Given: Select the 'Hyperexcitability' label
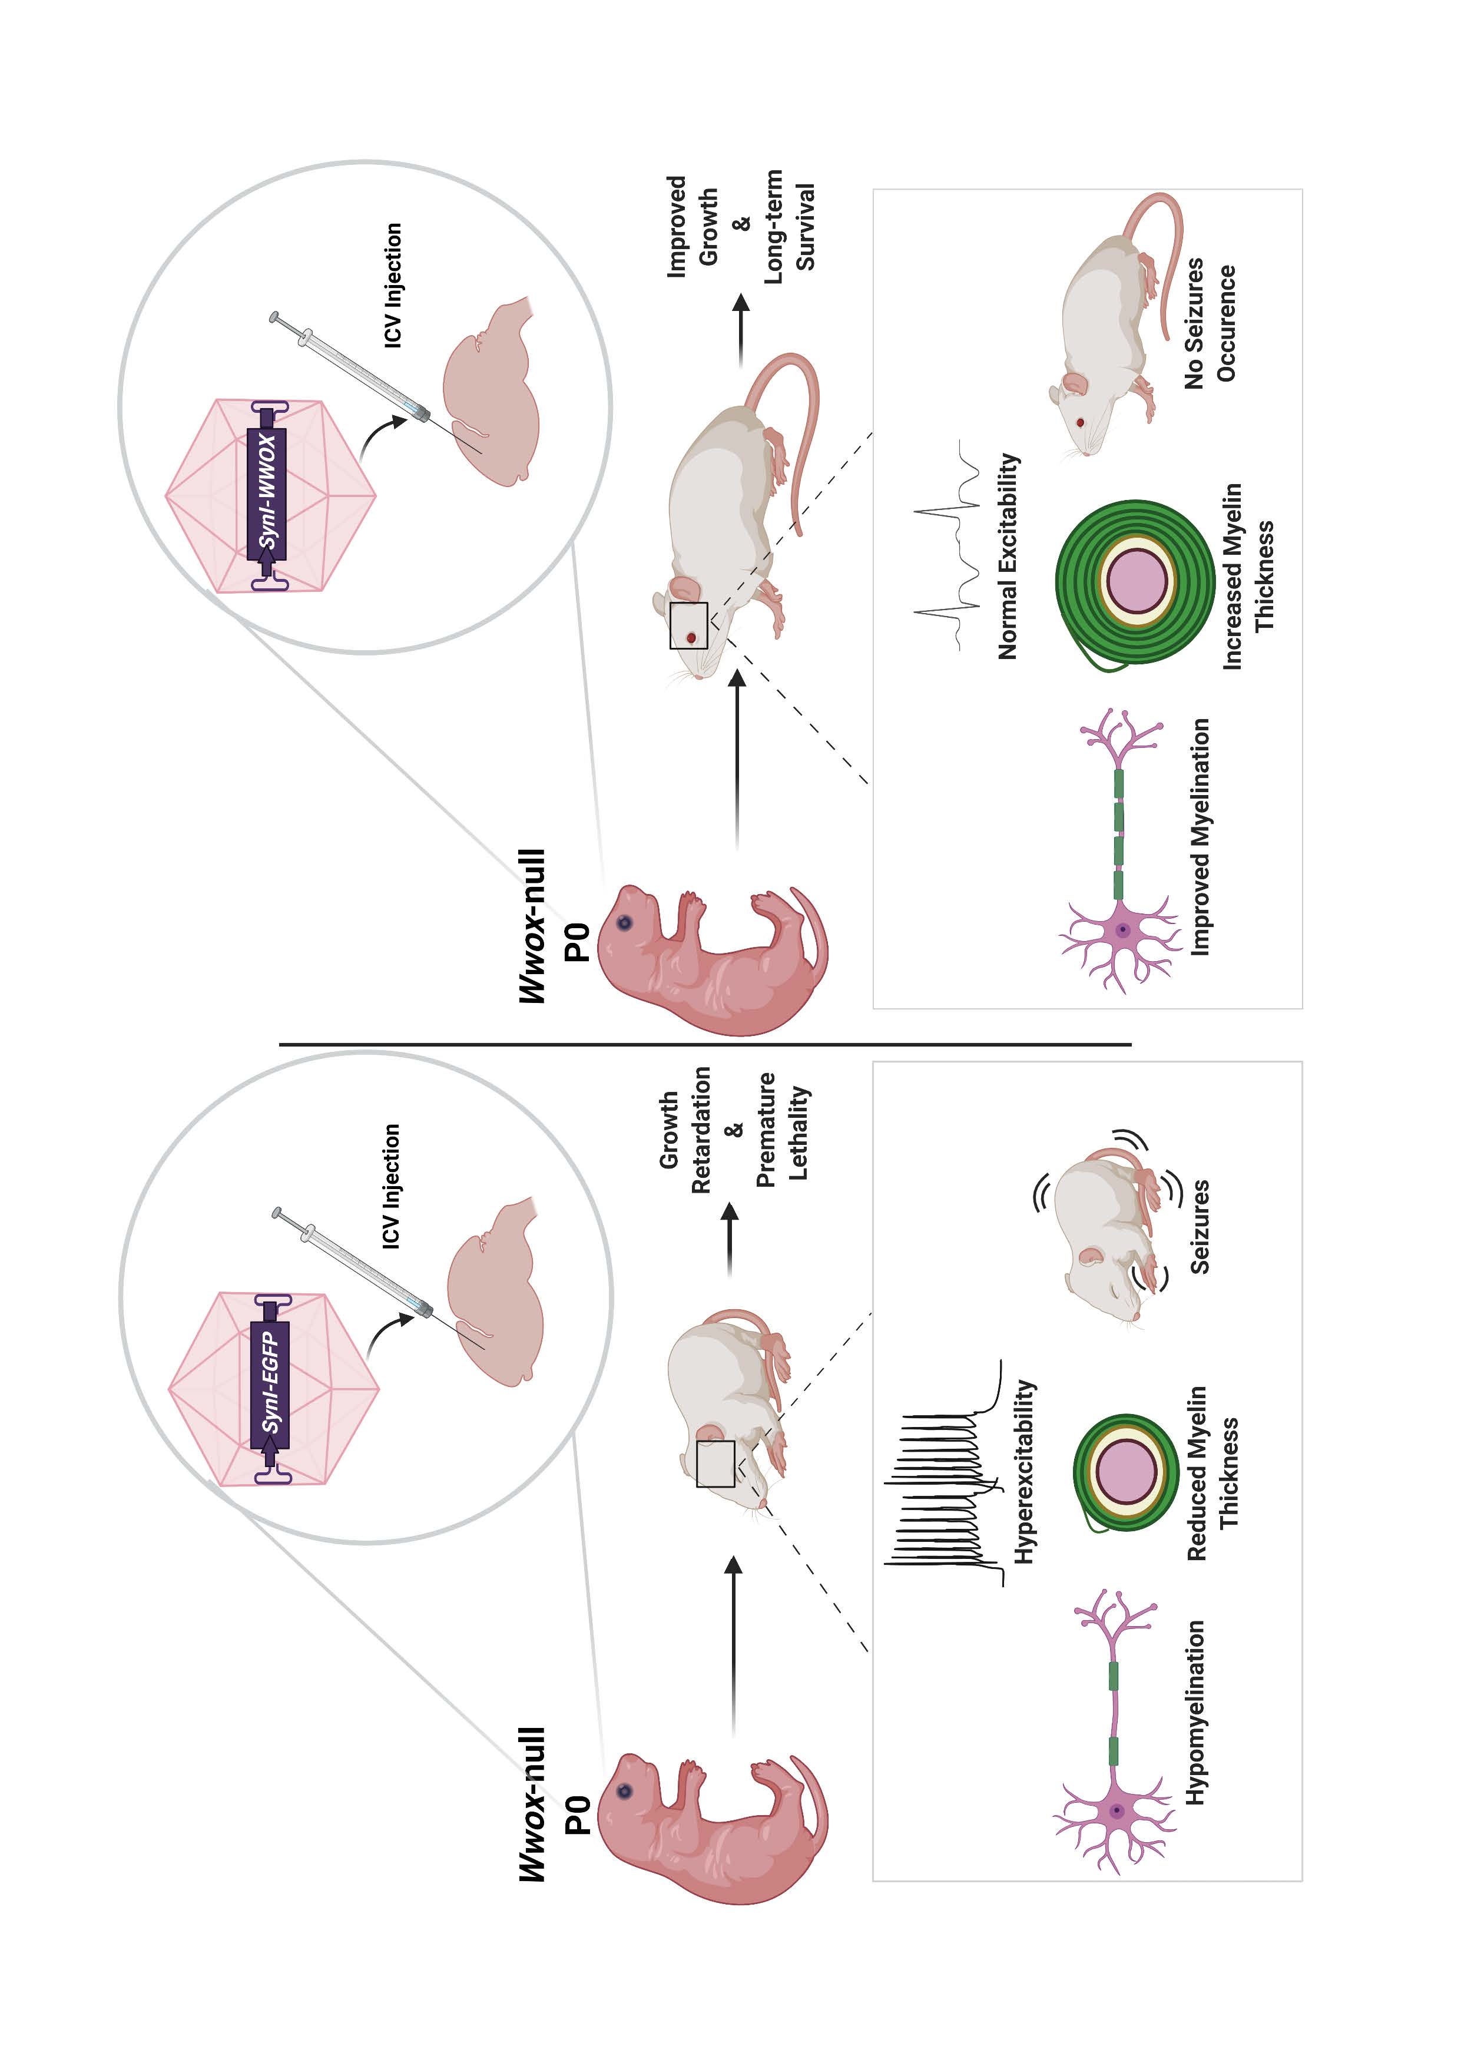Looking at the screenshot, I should (1024, 1471).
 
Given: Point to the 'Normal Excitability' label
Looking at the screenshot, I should (1008, 556).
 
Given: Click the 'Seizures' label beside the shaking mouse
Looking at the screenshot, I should (1199, 1226).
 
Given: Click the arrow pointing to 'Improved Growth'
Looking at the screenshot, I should (740, 329).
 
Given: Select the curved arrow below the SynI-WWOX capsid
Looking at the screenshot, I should (378, 435).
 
